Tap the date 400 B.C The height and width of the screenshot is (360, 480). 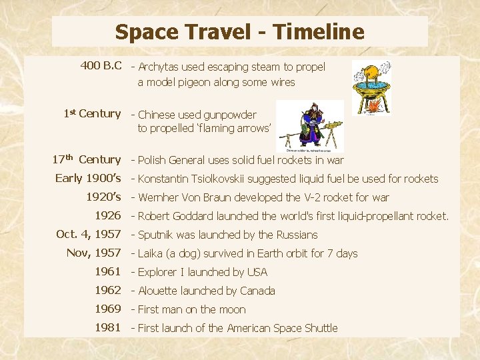101,66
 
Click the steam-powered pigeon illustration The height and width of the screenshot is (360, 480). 371,88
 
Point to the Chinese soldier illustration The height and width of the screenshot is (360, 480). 311,125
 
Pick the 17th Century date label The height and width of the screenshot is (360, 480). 87,160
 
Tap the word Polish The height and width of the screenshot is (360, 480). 153,160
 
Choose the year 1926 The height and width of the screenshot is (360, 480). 107,215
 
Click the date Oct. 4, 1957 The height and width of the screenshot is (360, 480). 89,234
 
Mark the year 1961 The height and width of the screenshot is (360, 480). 107,271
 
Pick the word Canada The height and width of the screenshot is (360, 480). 257,291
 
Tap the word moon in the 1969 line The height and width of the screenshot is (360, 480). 232,309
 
